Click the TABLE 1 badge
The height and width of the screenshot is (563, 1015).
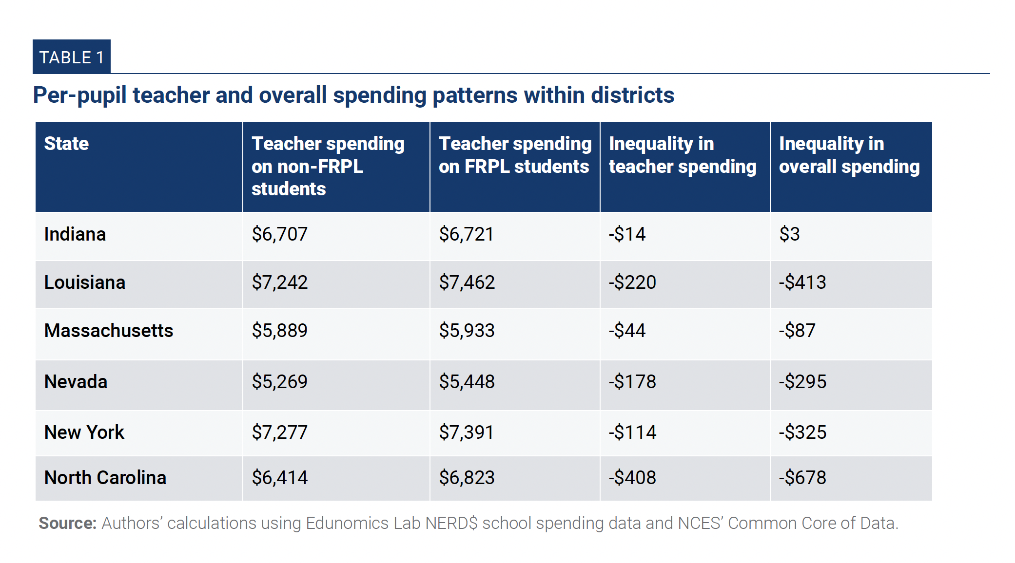72,57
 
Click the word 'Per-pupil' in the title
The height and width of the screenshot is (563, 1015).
79,95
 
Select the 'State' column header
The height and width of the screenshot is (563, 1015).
66,144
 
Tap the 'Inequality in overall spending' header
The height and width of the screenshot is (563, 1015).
849,155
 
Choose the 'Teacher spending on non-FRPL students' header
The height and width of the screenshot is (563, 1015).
328,166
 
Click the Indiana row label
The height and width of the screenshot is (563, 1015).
75,234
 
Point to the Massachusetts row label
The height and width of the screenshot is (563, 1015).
108,331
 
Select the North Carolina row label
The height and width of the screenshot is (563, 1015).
105,478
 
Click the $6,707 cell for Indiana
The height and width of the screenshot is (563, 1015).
279,234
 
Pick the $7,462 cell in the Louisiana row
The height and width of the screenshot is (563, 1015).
467,282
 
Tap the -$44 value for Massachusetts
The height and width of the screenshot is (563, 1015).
627,331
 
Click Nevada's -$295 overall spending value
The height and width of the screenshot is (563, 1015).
802,382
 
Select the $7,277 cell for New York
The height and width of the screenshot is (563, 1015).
279,432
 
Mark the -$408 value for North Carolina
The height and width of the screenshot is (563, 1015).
632,478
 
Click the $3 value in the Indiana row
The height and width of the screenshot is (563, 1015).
789,234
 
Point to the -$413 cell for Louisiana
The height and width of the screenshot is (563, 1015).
802,282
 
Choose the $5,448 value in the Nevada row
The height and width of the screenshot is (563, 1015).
467,382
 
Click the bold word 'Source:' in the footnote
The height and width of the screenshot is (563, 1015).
68,523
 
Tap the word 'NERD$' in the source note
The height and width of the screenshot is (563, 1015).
451,523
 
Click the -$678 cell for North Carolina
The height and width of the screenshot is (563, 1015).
802,478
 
